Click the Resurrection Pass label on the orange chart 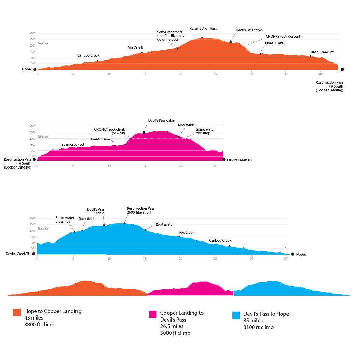203,29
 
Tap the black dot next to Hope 35,69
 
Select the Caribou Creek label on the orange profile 88,55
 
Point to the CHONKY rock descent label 283,36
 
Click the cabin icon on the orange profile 231,42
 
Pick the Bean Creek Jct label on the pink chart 72,144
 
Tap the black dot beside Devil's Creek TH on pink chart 224,160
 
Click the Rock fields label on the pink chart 186,125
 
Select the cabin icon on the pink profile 144,132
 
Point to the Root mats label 164,224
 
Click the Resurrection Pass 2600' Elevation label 141,210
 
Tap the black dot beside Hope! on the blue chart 293,254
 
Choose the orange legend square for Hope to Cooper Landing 17,312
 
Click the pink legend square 153,314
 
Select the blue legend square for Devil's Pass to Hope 236,315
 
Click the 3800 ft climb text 39,325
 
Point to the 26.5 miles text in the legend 172,326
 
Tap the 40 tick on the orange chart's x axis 320,74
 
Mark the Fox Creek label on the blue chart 187,232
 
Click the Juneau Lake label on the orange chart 274,43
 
